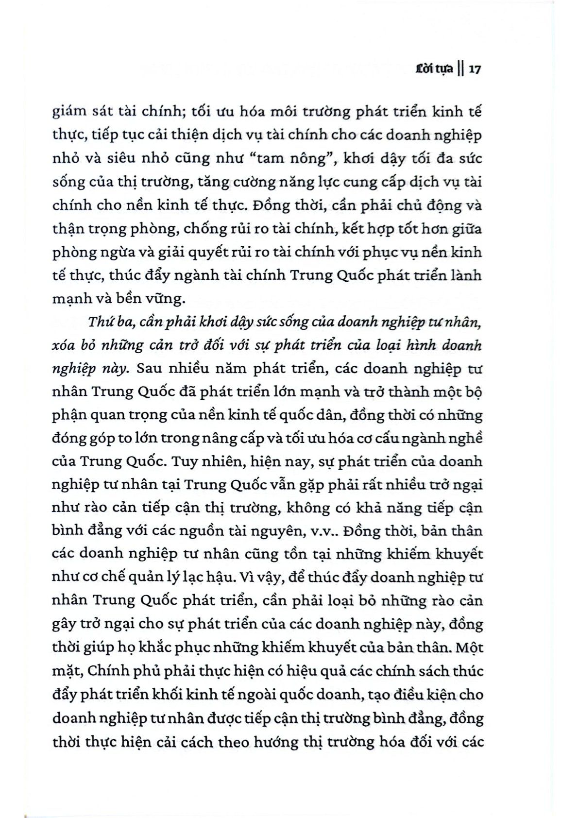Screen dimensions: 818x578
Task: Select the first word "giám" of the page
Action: pyautogui.click(x=68, y=112)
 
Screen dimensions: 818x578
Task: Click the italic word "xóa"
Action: pyautogui.click(x=65, y=345)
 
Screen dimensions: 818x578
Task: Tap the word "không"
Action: pyautogui.click(x=309, y=508)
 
